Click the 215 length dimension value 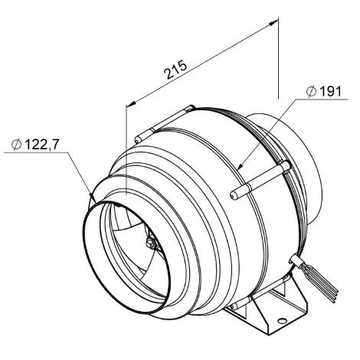175,70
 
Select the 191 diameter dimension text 330,91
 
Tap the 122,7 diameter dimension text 41,145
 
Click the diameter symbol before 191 312,92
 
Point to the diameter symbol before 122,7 17,145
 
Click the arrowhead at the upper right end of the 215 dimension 273,22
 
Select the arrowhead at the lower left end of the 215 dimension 132,103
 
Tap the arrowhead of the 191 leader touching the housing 240,166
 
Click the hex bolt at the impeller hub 151,244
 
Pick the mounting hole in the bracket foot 282,321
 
